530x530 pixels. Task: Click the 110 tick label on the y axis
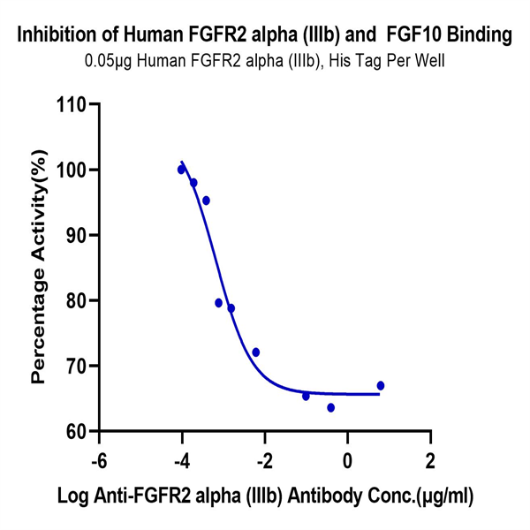[72, 104]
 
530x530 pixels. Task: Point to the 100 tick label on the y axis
[72, 170]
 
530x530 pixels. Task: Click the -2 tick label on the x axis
[262, 462]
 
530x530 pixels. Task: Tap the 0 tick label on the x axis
[348, 462]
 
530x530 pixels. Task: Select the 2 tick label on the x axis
[431, 462]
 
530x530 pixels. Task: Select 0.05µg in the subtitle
[106, 63]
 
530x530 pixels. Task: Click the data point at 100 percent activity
[181, 169]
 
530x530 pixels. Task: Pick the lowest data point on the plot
[330, 407]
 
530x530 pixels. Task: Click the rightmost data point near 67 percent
[380, 385]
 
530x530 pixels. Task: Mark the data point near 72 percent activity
[255, 352]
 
